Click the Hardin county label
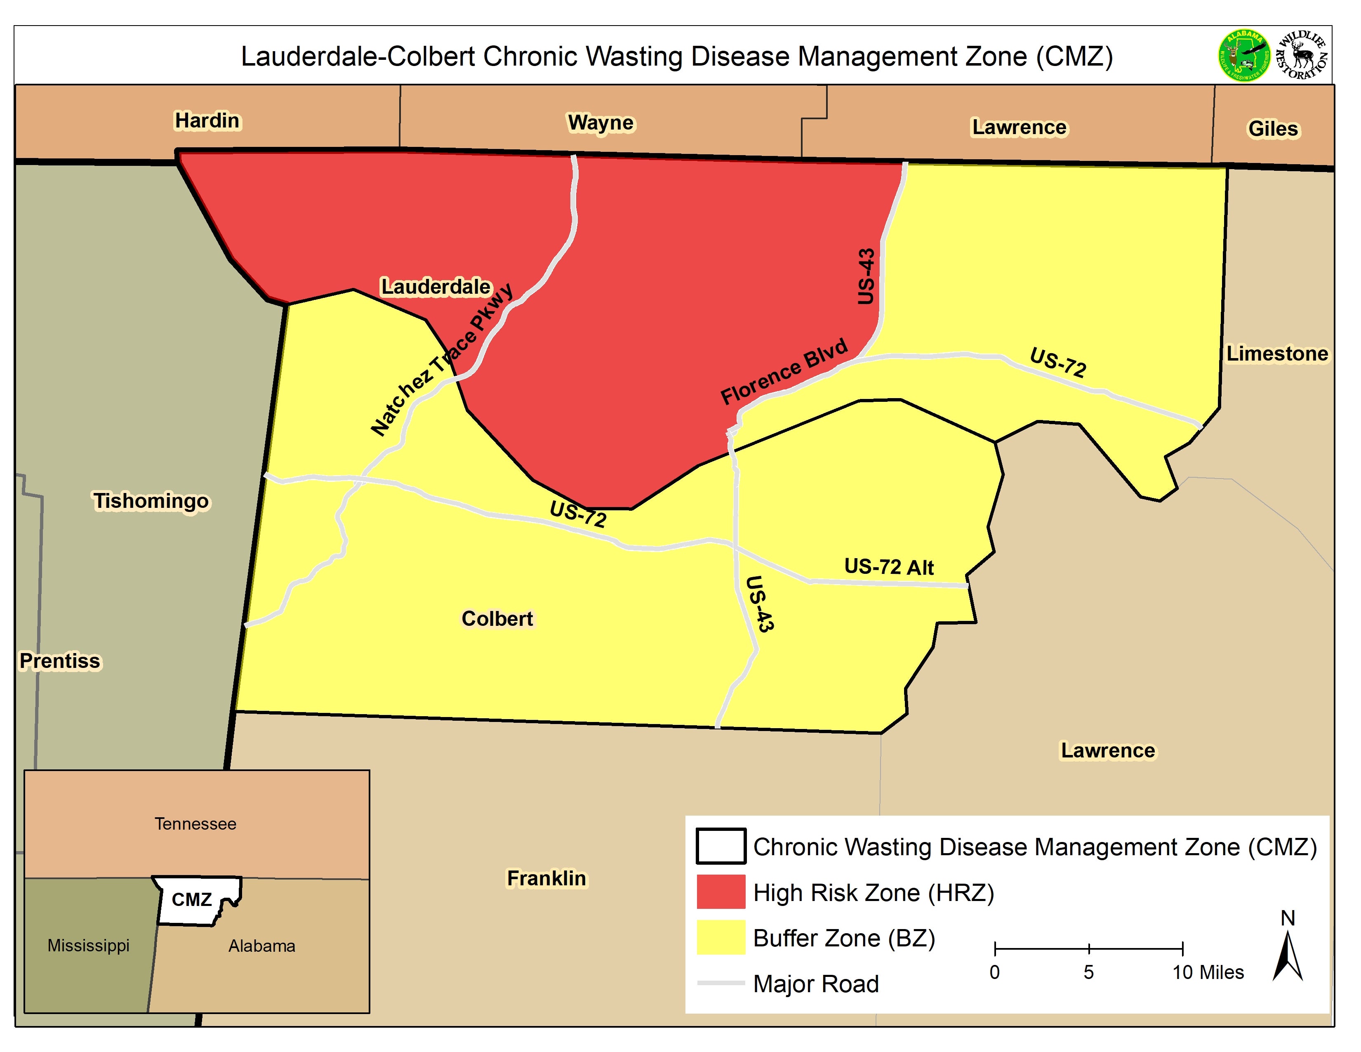207,120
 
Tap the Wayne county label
600,123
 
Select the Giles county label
1273,129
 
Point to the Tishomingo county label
151,501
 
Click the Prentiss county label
60,660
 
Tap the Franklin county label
546,878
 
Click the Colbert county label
497,618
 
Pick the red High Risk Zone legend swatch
721,892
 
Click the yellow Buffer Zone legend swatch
721,937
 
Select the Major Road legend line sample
721,983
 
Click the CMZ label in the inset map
192,899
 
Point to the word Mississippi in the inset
89,946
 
